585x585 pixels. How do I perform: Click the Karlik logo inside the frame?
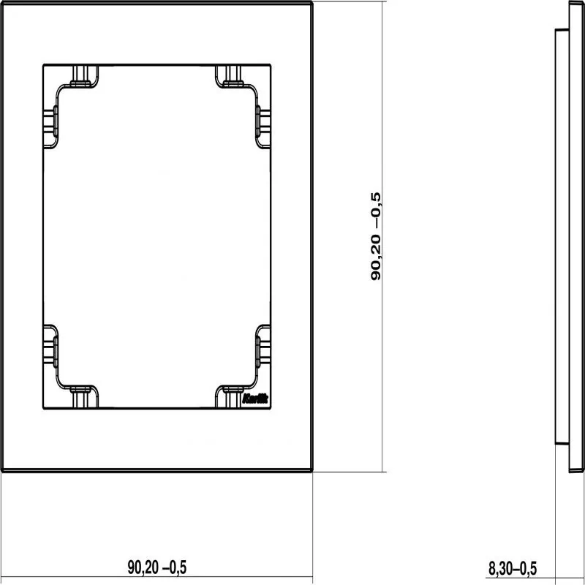(x=255, y=399)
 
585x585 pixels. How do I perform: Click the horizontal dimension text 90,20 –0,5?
(x=156, y=567)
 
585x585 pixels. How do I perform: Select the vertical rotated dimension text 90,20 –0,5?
(x=376, y=236)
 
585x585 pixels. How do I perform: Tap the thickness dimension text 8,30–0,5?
(x=513, y=568)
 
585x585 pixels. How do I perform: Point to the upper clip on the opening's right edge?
(x=263, y=127)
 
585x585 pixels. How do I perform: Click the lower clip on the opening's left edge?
(x=50, y=347)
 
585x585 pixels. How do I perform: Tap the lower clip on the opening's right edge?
(x=263, y=347)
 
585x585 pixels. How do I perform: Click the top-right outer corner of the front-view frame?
(x=312, y=2)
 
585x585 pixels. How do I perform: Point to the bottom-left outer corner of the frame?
(x=2, y=471)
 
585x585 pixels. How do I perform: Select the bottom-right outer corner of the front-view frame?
(x=312, y=471)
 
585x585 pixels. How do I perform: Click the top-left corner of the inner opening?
(x=44, y=65)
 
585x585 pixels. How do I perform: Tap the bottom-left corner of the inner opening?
(x=44, y=409)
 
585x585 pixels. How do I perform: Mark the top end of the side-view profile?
(x=575, y=2)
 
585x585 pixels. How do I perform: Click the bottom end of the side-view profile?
(x=575, y=472)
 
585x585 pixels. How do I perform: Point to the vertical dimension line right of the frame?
(x=382, y=236)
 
